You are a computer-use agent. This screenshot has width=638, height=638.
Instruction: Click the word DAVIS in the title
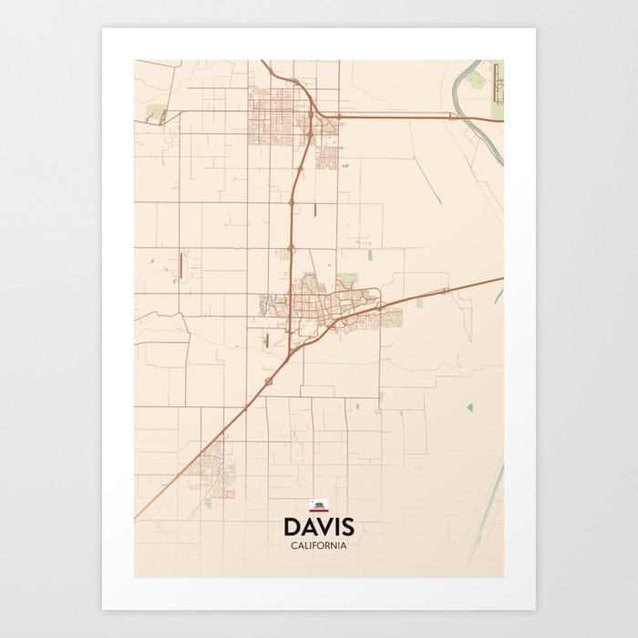pos(318,527)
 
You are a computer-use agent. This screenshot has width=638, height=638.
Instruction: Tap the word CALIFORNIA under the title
pos(318,545)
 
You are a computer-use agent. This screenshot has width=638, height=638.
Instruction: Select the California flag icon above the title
pos(318,505)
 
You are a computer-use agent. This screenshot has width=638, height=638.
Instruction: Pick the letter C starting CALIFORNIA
pos(293,545)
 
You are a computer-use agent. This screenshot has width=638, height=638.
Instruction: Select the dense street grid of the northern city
pos(278,114)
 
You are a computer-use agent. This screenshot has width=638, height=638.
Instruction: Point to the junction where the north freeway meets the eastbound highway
pos(313,117)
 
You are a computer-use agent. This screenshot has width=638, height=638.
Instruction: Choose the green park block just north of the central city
pos(346,279)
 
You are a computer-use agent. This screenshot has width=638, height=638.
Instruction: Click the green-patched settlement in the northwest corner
pos(156,114)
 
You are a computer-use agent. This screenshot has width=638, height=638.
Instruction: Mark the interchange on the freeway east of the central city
pos(444,291)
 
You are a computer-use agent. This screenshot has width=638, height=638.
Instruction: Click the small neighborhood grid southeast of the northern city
pos(327,157)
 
